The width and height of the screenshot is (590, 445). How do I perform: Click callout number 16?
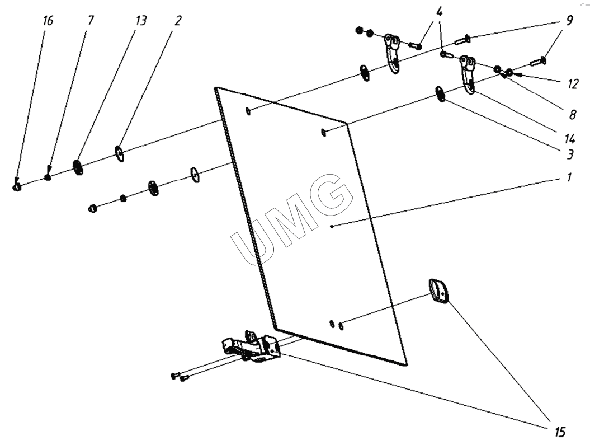(x=48, y=21)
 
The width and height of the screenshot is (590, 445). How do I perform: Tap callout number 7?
(x=91, y=21)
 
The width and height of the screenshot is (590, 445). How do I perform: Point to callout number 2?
(x=177, y=21)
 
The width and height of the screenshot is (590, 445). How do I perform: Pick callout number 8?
(x=572, y=115)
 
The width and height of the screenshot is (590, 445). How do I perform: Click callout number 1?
(x=569, y=178)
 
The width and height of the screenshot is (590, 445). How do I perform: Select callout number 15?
(x=559, y=432)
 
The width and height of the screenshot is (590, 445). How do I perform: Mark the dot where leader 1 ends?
(x=331, y=227)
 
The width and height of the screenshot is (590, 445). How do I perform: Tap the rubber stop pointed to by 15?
(x=438, y=291)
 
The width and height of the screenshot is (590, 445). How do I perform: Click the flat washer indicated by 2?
(x=119, y=152)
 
